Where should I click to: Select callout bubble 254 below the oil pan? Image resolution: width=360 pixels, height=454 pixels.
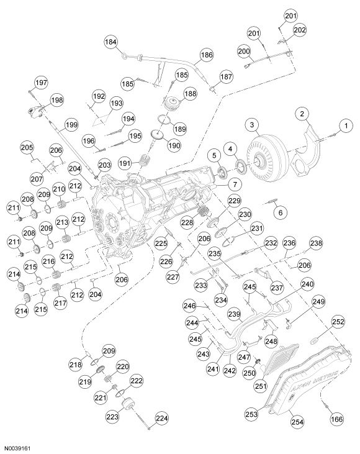(296, 422)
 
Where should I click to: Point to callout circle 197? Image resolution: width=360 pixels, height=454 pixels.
(41, 83)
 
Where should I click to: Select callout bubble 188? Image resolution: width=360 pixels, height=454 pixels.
(189, 94)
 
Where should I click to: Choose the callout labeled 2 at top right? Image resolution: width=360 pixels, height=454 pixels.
(302, 114)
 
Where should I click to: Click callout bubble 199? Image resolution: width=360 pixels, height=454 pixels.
(71, 125)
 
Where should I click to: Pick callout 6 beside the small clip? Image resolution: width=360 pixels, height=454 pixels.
(280, 212)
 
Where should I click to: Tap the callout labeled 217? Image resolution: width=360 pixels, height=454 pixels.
(60, 303)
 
